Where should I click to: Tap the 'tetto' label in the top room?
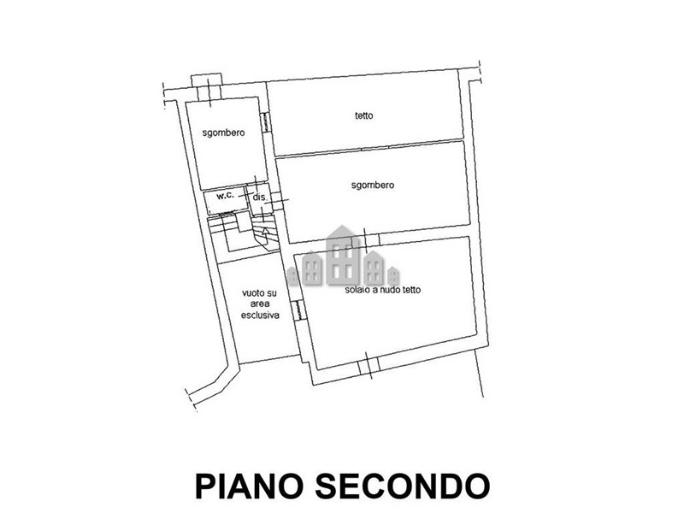[x=364, y=115]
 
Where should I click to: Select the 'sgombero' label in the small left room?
[x=223, y=133]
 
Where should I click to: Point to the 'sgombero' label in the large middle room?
[x=373, y=186]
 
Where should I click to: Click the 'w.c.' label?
[x=226, y=196]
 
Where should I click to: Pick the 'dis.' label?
[x=260, y=198]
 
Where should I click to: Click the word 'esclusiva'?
[x=260, y=315]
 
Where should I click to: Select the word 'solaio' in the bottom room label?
[x=357, y=290]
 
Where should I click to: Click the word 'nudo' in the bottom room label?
[x=391, y=290]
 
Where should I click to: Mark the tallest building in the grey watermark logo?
[x=343, y=255]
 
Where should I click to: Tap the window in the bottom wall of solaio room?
[x=368, y=368]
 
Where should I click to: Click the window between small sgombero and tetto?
[x=265, y=121]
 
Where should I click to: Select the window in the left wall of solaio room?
[x=298, y=310]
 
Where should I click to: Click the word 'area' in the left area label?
[x=260, y=304]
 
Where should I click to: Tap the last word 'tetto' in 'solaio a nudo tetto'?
[x=412, y=290]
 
